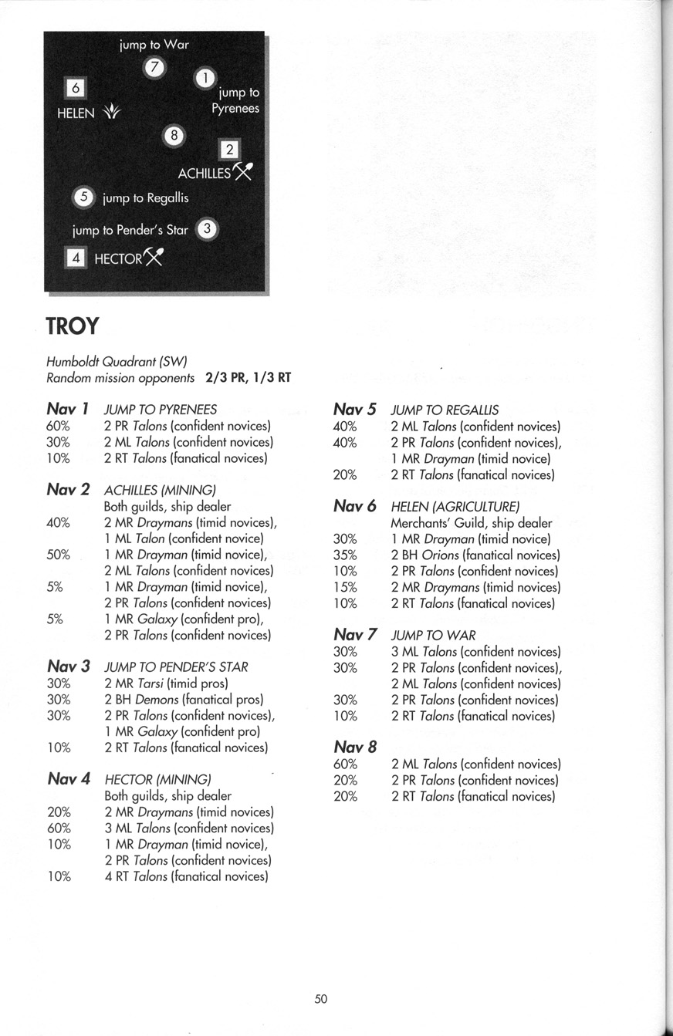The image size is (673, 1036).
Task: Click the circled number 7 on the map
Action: click(x=154, y=67)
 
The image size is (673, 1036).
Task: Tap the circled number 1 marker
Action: click(x=205, y=78)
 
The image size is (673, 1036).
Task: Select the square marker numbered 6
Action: click(x=75, y=88)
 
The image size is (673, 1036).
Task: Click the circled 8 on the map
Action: click(x=174, y=136)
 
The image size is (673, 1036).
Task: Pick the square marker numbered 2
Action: click(x=230, y=150)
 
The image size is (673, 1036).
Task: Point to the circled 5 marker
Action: click(x=83, y=197)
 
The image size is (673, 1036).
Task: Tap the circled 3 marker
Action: click(x=208, y=229)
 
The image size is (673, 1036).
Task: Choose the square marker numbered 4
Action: click(x=76, y=258)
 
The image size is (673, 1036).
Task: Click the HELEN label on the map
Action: click(x=76, y=113)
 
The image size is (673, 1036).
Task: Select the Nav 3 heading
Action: click(x=69, y=666)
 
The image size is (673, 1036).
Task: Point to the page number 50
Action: click(x=321, y=999)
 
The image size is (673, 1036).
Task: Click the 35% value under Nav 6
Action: click(x=345, y=555)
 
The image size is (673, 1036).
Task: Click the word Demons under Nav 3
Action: click(x=157, y=700)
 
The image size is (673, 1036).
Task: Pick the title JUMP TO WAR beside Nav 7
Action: click(x=433, y=636)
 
